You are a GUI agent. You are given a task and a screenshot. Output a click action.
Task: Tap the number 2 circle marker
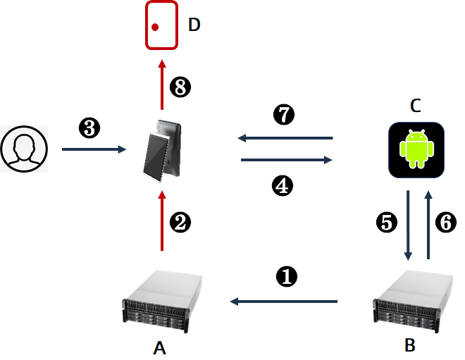coord(180,223)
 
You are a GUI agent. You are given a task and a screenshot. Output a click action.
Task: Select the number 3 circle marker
coord(89,128)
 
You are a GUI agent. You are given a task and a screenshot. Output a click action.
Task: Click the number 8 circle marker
coord(180,87)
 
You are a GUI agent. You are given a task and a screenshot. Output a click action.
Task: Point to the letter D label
coord(194,25)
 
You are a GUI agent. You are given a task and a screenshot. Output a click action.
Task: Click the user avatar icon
coord(24,149)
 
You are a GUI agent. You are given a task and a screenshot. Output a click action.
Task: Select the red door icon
coord(161,26)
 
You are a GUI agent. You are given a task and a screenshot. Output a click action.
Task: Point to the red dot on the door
coord(155,27)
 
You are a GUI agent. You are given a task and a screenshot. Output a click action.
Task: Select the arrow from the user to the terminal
coord(94,149)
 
